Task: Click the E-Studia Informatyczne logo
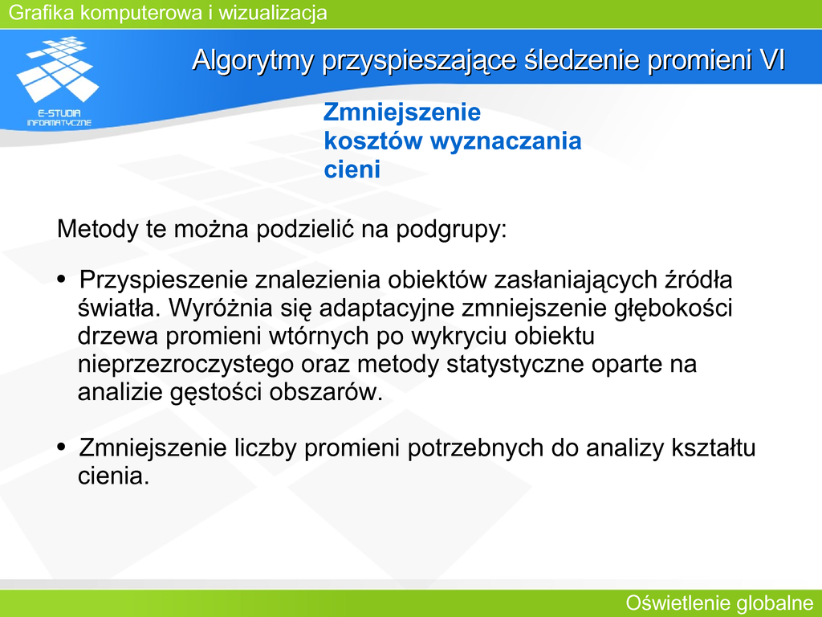click(x=58, y=81)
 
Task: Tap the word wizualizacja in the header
click(x=273, y=13)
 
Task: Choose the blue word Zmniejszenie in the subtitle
click(x=402, y=112)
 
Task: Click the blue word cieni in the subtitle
click(x=352, y=169)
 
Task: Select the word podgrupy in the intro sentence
click(x=451, y=230)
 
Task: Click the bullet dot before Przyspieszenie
click(x=62, y=279)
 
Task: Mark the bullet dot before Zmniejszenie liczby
click(x=62, y=447)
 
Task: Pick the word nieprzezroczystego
click(x=185, y=365)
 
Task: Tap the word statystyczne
click(x=515, y=365)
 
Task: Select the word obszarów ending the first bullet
click(x=326, y=392)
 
